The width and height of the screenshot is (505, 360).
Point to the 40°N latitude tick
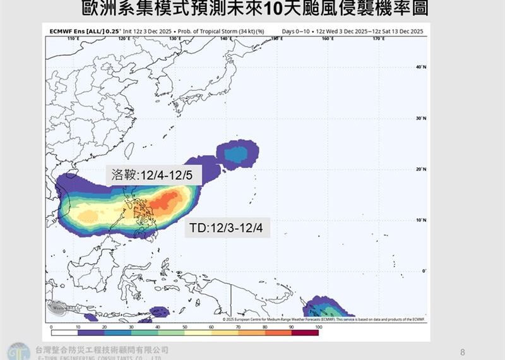click(x=421, y=67)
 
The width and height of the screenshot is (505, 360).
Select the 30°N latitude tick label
click(x=421, y=118)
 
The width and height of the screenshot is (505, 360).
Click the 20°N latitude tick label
click(x=421, y=169)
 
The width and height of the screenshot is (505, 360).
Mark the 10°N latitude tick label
click(x=421, y=220)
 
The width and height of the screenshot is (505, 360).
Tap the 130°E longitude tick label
click(x=175, y=39)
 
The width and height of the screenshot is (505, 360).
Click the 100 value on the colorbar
click(x=318, y=327)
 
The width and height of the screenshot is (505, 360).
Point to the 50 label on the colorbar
click(x=184, y=327)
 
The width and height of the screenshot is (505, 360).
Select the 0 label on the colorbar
click(x=51, y=327)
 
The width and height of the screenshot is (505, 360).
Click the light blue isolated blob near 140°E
click(x=237, y=153)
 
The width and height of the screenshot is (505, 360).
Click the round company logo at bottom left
click(x=18, y=351)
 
